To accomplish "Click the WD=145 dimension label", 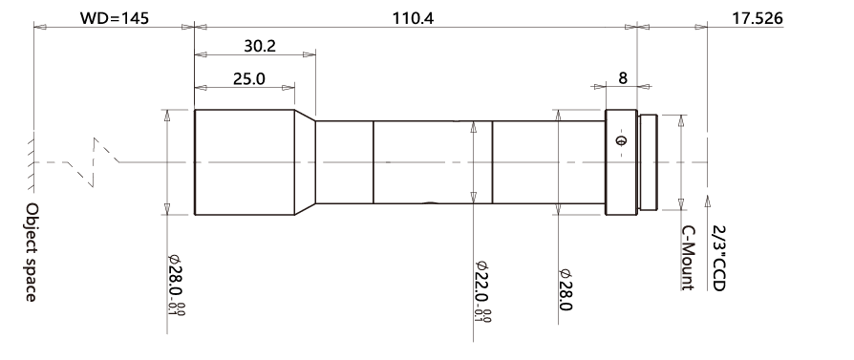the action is coord(115,18).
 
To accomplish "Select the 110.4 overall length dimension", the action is coord(414,18).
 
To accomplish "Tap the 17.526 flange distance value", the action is coord(758,18).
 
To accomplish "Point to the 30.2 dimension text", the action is coord(260,46).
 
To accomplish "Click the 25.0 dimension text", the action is coord(249,79).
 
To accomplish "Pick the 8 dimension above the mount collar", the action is coord(623,78).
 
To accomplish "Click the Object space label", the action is coord(32,252).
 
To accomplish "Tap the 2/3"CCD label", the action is coord(719,259).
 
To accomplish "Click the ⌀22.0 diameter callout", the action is coord(483,291).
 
